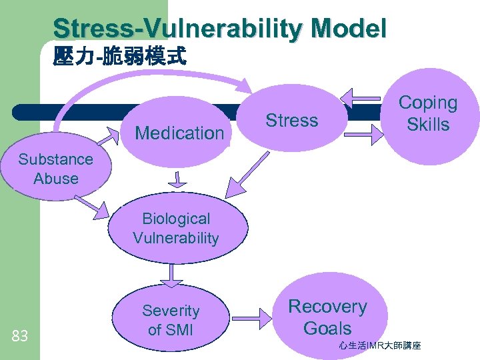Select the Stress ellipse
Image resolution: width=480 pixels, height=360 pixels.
point(292,121)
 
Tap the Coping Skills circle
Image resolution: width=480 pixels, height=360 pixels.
point(428,114)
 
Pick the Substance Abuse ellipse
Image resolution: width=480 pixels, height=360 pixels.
point(56,169)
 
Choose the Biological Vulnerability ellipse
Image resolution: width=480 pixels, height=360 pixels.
point(176,229)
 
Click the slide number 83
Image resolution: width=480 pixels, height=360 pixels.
point(19,336)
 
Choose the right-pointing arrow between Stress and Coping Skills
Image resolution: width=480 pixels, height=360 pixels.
point(363,140)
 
